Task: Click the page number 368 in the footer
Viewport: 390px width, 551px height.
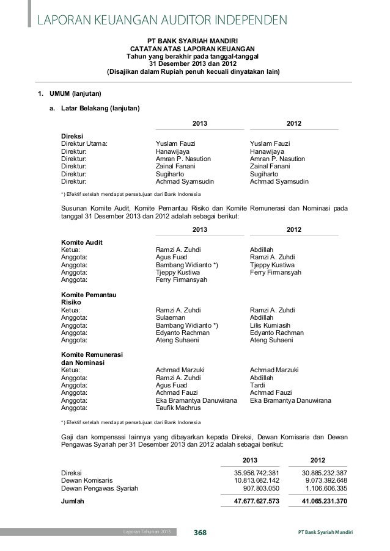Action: tap(200, 533)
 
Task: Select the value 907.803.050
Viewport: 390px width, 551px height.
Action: tap(261, 488)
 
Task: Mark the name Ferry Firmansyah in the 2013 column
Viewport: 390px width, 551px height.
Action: tap(182, 280)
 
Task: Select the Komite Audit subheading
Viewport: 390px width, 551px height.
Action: tap(82, 242)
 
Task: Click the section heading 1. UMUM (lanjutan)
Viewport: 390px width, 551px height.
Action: tap(66, 94)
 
